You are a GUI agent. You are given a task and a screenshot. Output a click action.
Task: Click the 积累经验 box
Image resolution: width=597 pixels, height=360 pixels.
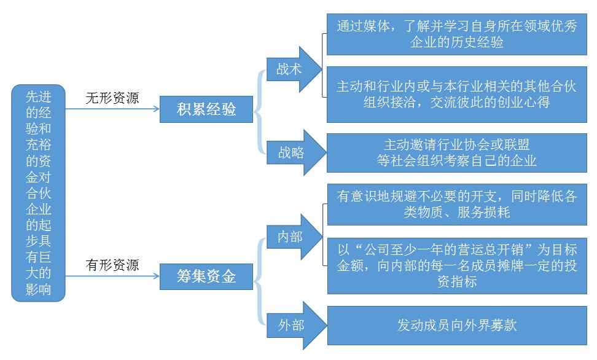[x=206, y=110]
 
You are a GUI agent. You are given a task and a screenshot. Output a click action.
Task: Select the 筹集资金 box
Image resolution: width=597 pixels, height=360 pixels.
[x=206, y=276]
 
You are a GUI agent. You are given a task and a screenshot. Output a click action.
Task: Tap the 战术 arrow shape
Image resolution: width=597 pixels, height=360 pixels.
[x=292, y=69]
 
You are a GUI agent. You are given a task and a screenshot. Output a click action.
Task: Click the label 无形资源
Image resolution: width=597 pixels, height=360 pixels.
[x=112, y=98]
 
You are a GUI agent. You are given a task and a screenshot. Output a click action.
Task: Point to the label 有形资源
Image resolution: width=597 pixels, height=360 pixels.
[x=112, y=265]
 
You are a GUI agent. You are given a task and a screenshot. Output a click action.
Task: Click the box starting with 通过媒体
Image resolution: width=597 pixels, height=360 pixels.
[x=456, y=35]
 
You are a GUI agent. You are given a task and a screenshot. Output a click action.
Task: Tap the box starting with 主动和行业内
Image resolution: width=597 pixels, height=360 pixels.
[x=456, y=94]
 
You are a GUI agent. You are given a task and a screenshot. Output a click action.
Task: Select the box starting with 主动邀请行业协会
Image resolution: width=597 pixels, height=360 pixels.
[x=456, y=152]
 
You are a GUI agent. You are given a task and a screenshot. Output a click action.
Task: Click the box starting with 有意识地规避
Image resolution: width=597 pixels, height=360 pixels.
[x=456, y=204]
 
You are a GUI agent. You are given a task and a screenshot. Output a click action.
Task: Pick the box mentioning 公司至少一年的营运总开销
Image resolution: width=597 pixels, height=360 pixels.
[x=456, y=265]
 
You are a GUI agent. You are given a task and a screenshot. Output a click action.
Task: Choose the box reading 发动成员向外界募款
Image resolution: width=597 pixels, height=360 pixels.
[x=456, y=324]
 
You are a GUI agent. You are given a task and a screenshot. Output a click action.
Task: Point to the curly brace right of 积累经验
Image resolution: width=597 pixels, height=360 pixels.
[x=259, y=111]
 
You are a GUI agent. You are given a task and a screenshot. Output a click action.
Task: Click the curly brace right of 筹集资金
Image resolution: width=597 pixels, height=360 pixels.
[x=259, y=278]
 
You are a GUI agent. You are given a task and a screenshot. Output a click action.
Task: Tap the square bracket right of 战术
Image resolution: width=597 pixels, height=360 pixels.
[x=324, y=65]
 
